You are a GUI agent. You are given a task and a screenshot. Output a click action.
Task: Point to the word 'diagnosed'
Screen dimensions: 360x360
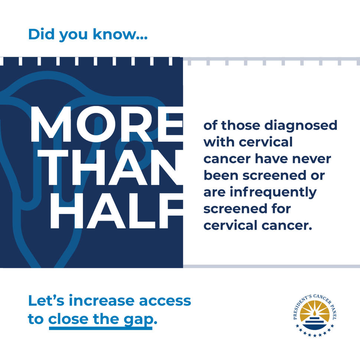point(301,125)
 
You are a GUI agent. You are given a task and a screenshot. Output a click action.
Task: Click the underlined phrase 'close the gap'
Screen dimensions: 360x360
point(101,319)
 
